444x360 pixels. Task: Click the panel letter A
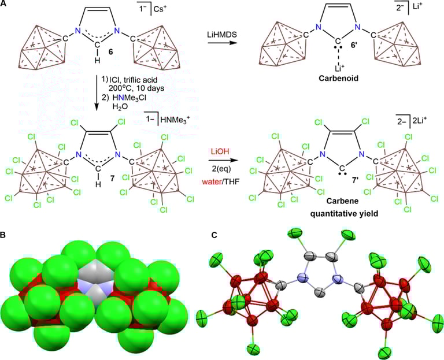[x=5, y=5]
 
